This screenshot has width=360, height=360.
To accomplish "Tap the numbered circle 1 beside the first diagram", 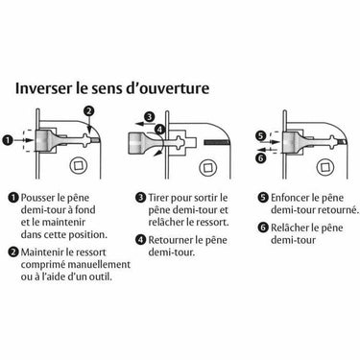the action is pos(7,140).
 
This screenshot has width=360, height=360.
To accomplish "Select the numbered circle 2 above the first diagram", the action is pos(89,111).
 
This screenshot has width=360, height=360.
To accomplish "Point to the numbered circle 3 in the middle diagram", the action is pos(149,116).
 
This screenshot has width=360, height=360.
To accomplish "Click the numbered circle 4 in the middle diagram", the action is pos(159,130).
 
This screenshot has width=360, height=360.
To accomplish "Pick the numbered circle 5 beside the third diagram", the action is pos(261,136).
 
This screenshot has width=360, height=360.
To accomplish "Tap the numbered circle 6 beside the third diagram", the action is pos(262,157).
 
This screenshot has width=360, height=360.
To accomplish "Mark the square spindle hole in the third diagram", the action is pos(325,166).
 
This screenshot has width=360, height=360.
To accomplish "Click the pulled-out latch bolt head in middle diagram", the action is pos(137,142).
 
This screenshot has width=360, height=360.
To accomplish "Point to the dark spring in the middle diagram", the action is pos(217,141).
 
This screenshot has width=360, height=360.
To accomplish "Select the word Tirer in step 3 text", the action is pos(158,198).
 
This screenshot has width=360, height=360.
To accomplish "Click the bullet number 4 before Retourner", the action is pos(141,240).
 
